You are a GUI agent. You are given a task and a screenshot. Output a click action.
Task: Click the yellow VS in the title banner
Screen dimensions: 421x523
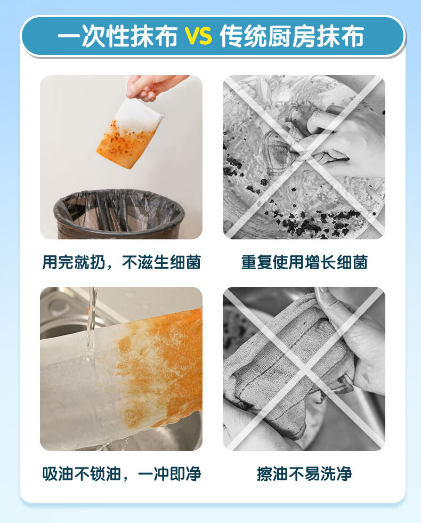pos(199,36)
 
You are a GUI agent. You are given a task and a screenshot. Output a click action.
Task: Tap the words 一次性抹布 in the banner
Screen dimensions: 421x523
pos(117,36)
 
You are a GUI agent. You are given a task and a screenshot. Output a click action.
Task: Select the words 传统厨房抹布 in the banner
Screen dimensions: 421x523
pos(292,36)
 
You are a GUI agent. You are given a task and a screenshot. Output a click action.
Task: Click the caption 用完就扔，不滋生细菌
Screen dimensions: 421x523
pos(122,262)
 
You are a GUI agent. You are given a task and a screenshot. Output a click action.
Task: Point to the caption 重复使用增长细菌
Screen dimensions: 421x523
pos(304,262)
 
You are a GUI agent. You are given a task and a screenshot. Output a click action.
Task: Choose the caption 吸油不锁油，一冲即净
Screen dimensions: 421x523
pos(122,473)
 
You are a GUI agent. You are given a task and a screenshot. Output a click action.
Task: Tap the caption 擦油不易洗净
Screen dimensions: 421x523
pos(304,473)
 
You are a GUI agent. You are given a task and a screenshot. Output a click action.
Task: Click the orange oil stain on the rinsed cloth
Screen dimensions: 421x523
pos(160,367)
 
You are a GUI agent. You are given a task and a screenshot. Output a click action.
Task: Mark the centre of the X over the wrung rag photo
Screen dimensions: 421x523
pos(304,369)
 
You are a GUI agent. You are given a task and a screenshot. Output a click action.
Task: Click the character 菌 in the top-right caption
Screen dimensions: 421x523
pos(360,262)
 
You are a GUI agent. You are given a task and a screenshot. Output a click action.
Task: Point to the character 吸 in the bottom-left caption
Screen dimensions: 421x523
pos(50,473)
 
